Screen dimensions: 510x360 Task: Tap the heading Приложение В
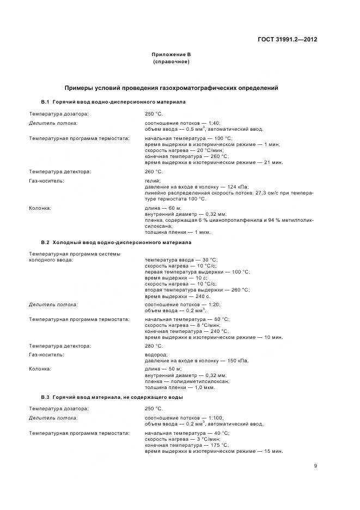click(172, 54)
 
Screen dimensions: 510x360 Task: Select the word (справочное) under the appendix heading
click(172, 62)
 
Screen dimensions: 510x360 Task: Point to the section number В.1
click(45, 102)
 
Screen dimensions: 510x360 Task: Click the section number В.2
click(45, 242)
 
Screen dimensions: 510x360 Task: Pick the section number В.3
click(45, 397)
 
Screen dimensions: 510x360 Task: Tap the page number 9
click(315, 465)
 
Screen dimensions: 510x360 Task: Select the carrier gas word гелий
click(152, 181)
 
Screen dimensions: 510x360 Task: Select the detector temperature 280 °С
click(154, 345)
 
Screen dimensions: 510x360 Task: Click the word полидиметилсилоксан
click(199, 381)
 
